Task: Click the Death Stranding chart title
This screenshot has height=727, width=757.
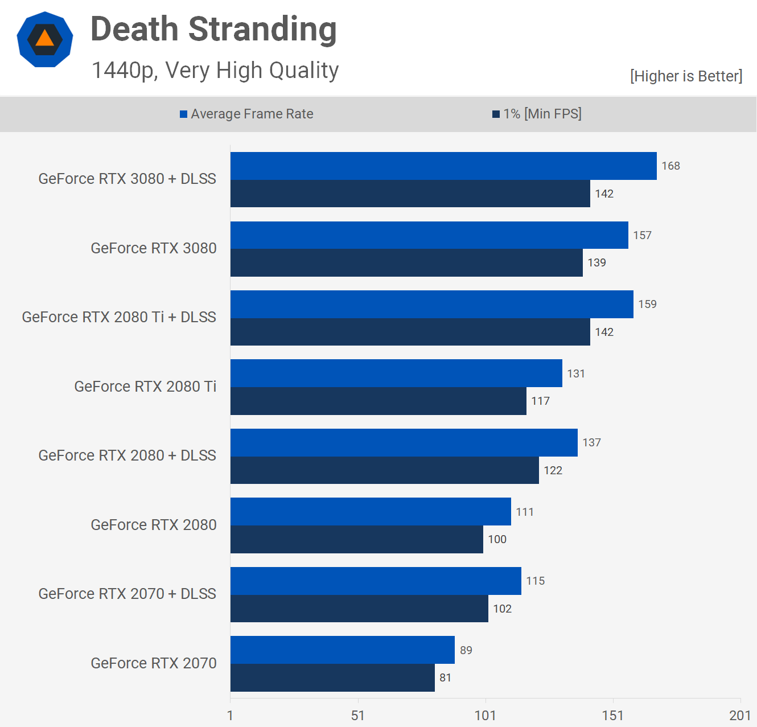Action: (213, 30)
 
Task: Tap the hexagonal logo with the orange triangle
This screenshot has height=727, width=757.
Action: (45, 39)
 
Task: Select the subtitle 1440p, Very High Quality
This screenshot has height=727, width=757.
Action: (215, 71)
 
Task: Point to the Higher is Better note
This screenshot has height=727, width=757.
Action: (686, 76)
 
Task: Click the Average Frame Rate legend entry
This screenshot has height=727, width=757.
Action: (246, 114)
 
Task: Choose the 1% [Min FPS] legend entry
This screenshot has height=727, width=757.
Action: (537, 114)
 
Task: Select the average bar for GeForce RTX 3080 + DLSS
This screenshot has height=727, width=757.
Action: (443, 166)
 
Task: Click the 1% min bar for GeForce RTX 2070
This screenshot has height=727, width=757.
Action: (332, 677)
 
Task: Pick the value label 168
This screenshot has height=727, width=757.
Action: (670, 166)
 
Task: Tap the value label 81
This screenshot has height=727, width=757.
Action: (445, 677)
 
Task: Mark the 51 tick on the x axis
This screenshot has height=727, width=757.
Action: (357, 716)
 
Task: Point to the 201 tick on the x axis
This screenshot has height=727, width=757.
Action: (740, 716)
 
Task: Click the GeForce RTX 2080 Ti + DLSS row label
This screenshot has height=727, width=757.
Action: (119, 317)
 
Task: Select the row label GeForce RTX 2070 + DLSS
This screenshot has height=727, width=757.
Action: (127, 594)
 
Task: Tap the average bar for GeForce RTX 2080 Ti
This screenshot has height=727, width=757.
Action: (396, 373)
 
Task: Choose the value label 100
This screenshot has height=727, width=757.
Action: (497, 539)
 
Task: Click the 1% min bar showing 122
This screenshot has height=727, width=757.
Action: (384, 470)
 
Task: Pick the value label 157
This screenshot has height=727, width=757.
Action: (642, 235)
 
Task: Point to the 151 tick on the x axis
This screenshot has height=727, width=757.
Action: (612, 716)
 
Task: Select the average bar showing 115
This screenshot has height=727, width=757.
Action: (376, 581)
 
